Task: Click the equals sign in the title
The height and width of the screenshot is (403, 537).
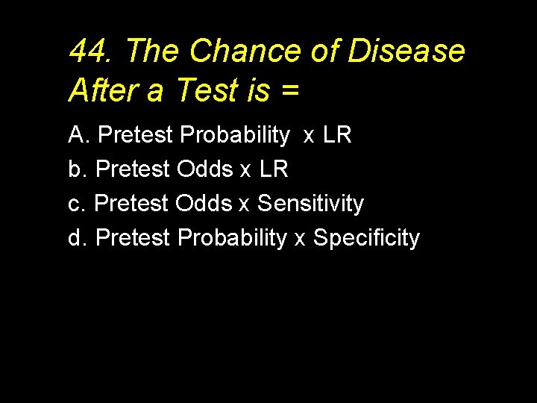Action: pos(290,91)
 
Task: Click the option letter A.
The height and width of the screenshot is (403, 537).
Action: pos(78,135)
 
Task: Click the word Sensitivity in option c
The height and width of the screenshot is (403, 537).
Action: pos(310,204)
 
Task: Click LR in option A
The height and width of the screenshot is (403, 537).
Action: pos(337,135)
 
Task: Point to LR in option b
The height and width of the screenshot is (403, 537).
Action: pos(273,169)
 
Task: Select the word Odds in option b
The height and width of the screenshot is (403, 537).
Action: pos(204,169)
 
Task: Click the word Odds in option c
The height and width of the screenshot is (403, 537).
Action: pos(204,204)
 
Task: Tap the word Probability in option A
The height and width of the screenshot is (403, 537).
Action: pos(235,136)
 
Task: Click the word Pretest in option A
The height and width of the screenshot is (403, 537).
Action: pos(135,135)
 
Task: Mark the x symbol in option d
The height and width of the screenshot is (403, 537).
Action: pos(300,240)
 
